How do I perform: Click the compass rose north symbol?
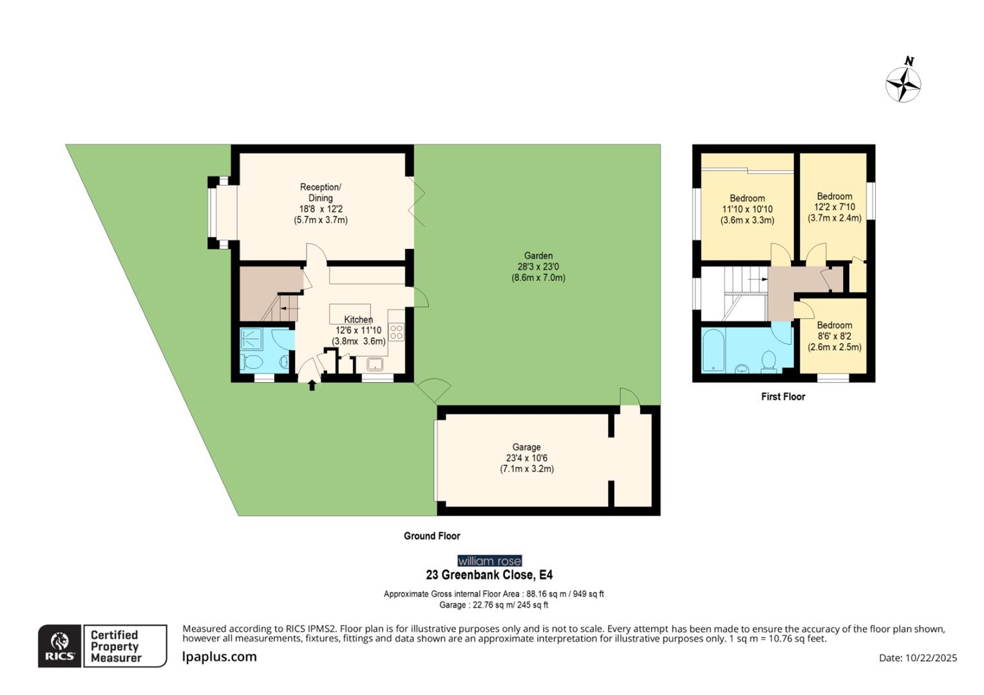pyautogui.click(x=903, y=83)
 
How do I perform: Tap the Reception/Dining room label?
pyautogui.click(x=321, y=192)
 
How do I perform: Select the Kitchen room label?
pyautogui.click(x=358, y=320)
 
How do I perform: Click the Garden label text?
pyautogui.click(x=538, y=255)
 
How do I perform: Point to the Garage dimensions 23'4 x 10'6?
pyautogui.click(x=526, y=458)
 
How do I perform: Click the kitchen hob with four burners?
pyautogui.click(x=396, y=333)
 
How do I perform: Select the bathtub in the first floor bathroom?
pyautogui.click(x=713, y=351)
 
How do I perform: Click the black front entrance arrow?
pyautogui.click(x=312, y=385)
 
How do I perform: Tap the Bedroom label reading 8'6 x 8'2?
pyautogui.click(x=835, y=336)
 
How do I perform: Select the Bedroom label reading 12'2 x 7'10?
pyautogui.click(x=835, y=207)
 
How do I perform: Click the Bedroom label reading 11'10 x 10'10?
pyautogui.click(x=747, y=209)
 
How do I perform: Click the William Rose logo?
pyautogui.click(x=489, y=561)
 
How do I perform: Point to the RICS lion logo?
pyautogui.click(x=59, y=645)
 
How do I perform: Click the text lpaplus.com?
pyautogui.click(x=220, y=656)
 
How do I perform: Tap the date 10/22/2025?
pyautogui.click(x=931, y=658)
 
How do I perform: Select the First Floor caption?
pyautogui.click(x=783, y=396)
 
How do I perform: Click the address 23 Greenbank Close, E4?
pyautogui.click(x=489, y=575)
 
